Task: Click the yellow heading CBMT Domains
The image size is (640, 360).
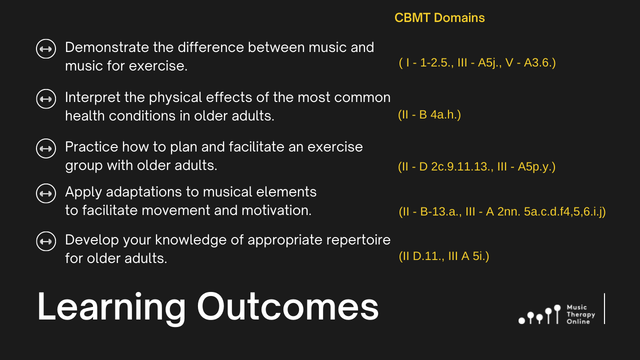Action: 439,17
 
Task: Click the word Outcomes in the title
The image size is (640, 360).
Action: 287,306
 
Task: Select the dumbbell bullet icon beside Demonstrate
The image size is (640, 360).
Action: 46,49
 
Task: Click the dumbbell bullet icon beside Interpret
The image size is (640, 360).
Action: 46,99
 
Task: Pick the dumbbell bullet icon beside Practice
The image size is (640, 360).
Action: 46,148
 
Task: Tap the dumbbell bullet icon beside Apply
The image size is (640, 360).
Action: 46,193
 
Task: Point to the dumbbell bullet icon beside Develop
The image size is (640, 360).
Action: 46,241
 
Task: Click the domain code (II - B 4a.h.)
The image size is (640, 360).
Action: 429,114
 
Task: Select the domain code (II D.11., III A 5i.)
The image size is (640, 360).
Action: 444,256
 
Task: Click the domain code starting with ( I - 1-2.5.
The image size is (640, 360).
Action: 477,62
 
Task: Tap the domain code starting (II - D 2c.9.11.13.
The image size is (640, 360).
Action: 476,166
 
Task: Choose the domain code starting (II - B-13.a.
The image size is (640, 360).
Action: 502,211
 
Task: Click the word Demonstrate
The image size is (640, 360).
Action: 107,47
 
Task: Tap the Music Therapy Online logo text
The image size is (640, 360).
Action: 581,314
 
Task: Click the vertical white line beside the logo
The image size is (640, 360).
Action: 604,308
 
